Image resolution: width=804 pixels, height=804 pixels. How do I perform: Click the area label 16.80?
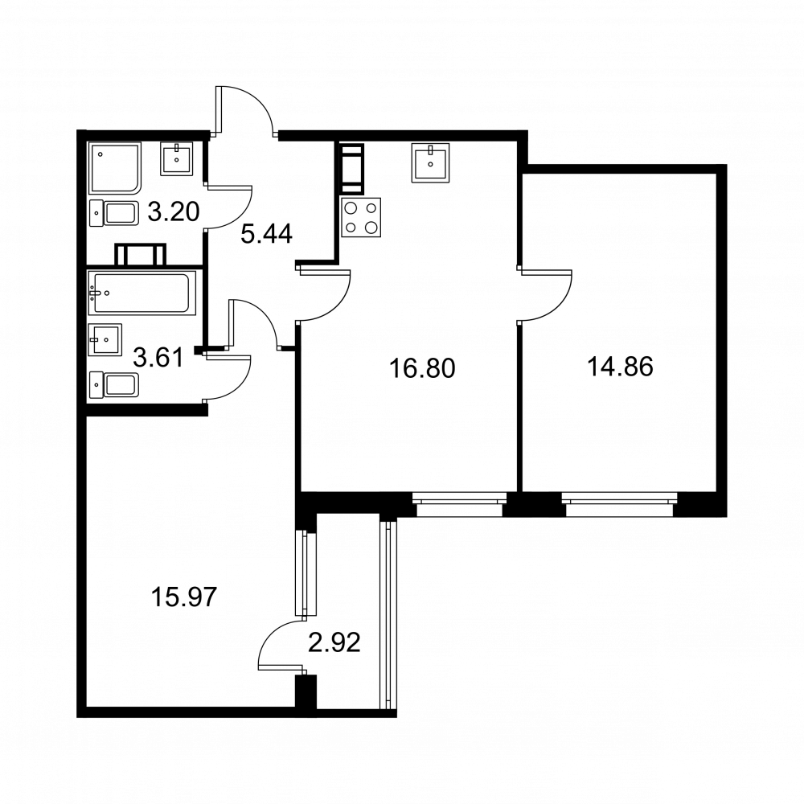[422, 368]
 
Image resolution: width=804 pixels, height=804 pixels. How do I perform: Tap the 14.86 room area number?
[620, 367]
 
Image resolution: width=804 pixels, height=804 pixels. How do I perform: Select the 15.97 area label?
[184, 597]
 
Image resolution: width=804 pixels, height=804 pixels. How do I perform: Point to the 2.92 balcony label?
[334, 642]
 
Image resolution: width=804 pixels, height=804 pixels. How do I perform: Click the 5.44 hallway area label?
[267, 234]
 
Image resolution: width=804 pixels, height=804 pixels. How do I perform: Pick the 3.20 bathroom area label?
[174, 211]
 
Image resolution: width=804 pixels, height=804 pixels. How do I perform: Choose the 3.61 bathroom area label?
[158, 358]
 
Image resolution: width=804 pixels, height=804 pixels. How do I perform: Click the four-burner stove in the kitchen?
[361, 217]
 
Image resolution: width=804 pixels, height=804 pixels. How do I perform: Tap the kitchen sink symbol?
[430, 163]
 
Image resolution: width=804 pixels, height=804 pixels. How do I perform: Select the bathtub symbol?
[142, 293]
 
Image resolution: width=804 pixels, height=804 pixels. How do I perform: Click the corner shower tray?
[115, 169]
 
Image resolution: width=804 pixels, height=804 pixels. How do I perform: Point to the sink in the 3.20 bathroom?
[177, 159]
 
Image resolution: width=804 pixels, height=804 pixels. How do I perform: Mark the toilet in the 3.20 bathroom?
[114, 213]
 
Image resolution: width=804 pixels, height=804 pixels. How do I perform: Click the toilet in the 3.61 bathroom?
[114, 386]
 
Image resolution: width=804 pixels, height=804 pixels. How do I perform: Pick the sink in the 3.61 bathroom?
[105, 339]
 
